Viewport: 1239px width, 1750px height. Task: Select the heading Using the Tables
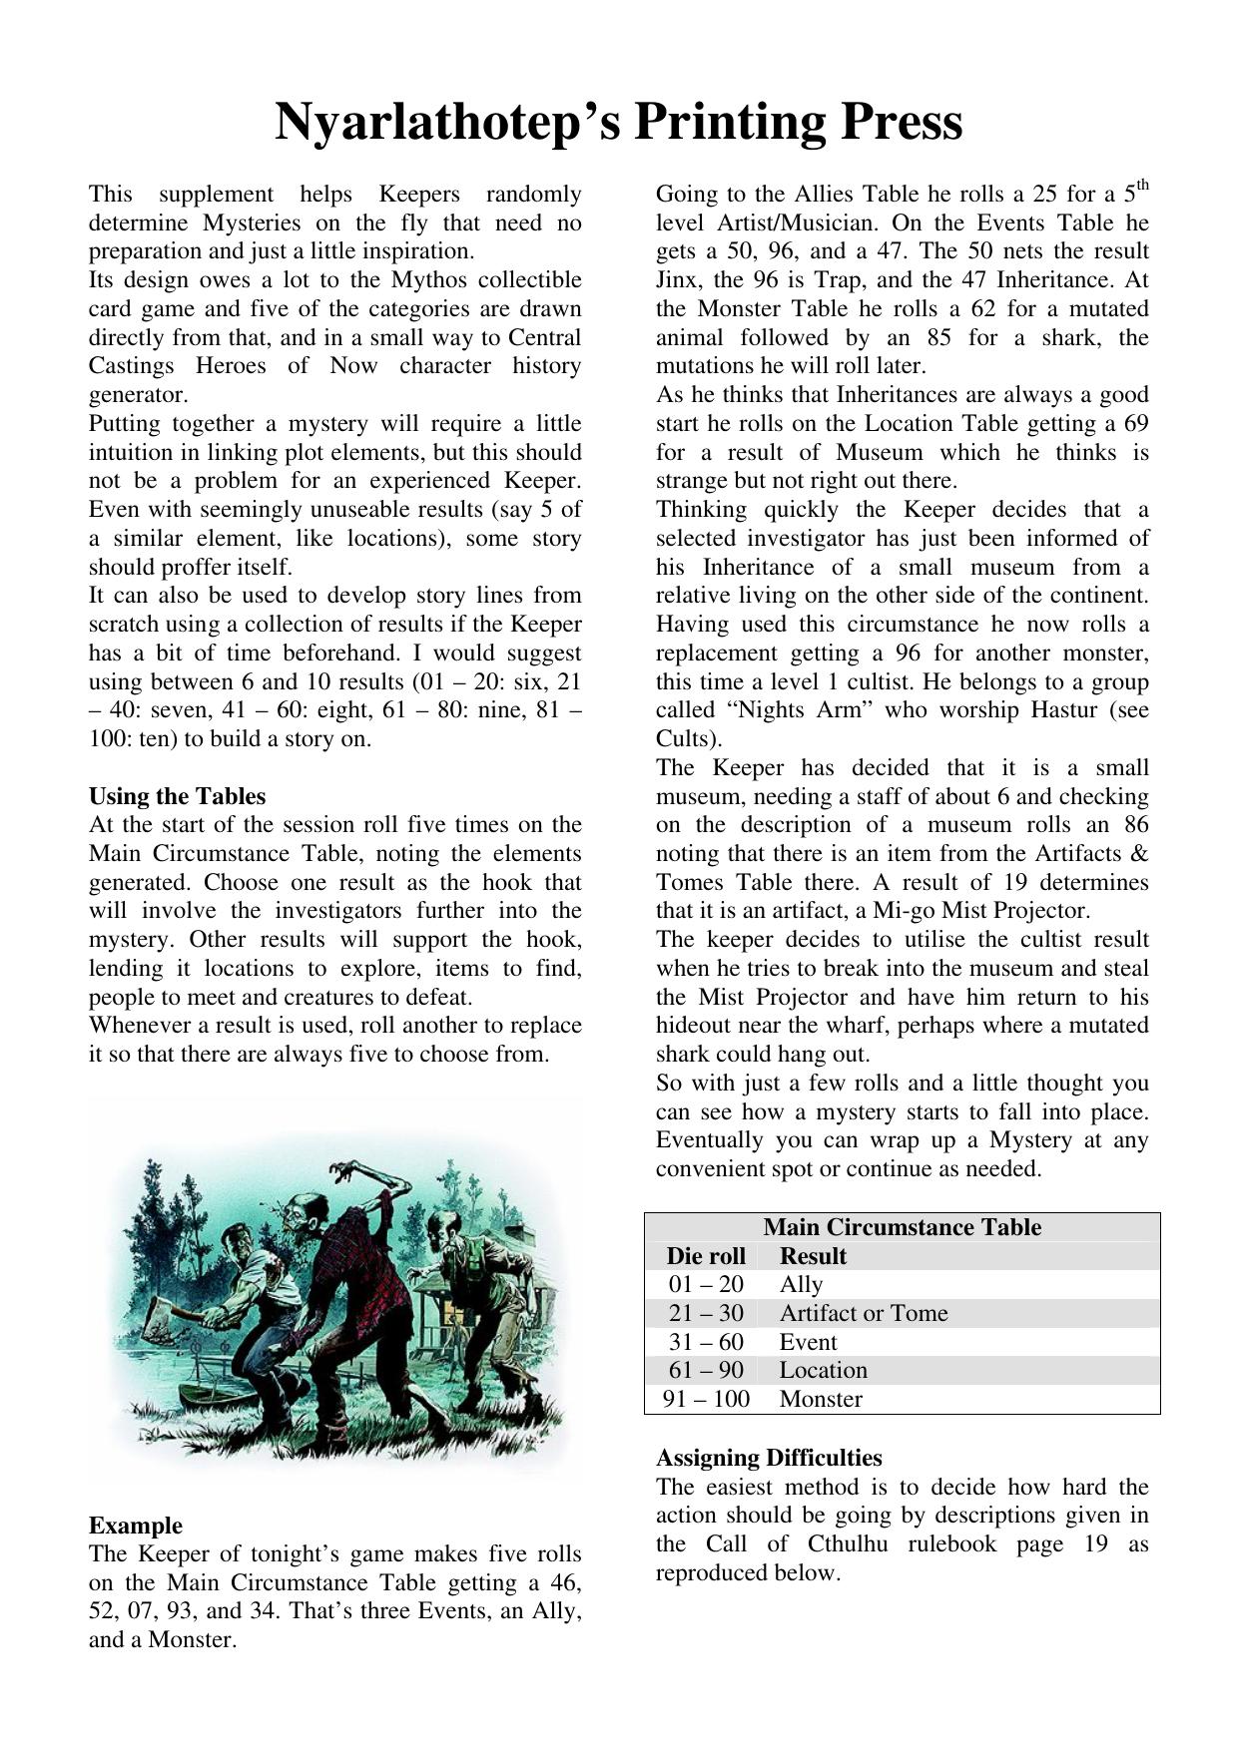pos(177,796)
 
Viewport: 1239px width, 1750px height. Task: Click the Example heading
pos(135,1526)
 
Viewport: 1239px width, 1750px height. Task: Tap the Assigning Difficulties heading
pos(768,1458)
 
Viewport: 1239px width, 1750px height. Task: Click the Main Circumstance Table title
pos(902,1227)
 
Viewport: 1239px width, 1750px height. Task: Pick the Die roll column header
pos(706,1256)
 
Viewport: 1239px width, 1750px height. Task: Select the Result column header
pos(813,1256)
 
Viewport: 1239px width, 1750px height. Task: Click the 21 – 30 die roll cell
pos(706,1313)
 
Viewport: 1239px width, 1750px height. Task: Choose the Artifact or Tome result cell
pos(863,1313)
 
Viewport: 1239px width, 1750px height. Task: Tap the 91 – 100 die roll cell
pos(706,1399)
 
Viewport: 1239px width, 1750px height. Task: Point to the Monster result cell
pos(821,1399)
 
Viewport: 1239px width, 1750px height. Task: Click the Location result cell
pos(823,1370)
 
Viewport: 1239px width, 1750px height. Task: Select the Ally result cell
pos(801,1284)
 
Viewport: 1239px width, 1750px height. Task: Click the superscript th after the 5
pos(1142,185)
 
